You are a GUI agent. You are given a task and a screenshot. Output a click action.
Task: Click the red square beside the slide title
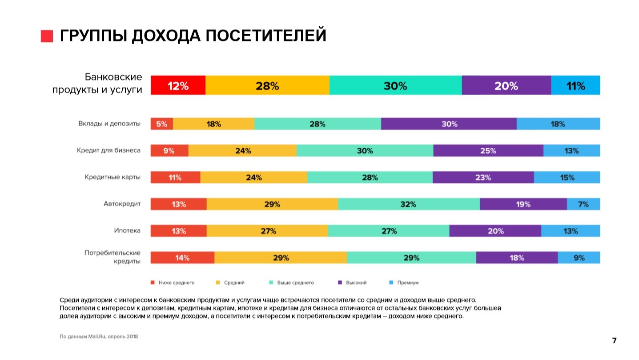47,36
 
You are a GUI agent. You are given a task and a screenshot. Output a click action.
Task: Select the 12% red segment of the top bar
178,85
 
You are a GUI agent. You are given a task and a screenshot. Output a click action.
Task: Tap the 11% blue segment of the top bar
575,85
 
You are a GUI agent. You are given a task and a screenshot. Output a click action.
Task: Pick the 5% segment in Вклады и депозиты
161,124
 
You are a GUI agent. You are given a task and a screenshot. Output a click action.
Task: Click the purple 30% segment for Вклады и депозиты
449,124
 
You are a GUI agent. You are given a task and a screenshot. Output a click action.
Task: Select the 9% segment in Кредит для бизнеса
169,151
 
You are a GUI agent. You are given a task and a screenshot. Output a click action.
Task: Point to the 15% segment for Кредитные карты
567,178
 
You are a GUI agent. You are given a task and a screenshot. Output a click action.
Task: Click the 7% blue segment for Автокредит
583,204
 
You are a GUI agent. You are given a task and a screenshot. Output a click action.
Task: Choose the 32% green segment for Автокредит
408,204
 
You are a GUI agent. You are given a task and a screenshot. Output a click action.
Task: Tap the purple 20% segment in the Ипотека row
495,231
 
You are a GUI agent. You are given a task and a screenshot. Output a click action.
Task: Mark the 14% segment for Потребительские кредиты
182,258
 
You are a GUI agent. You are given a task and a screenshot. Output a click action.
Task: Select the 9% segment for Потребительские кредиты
579,258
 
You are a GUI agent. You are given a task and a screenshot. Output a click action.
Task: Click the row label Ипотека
127,231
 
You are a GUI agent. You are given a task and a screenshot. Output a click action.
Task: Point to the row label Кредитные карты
113,177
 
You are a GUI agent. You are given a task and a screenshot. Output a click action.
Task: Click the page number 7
614,341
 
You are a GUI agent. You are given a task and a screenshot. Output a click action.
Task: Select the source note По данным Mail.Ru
99,336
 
